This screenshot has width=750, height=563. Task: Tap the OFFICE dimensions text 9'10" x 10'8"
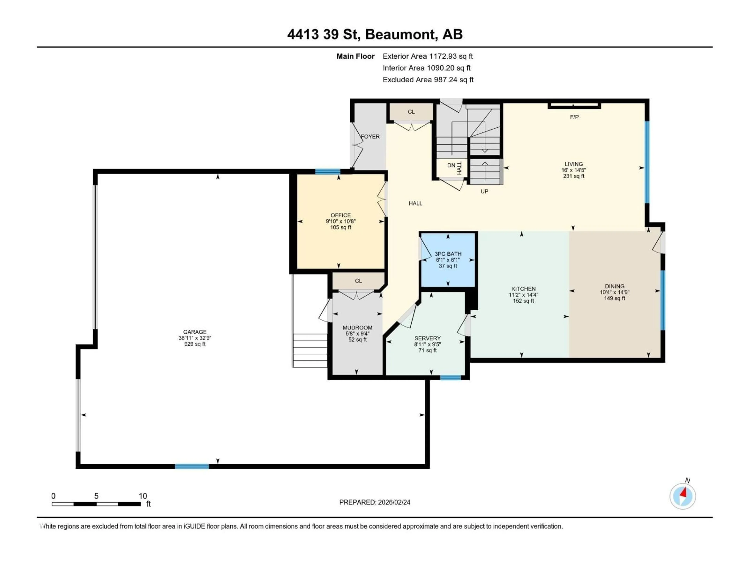(341, 221)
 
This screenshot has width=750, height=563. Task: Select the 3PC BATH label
(448, 254)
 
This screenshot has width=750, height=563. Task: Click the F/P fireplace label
(574, 117)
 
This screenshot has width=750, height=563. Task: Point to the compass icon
(683, 496)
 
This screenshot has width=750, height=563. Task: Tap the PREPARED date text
(375, 502)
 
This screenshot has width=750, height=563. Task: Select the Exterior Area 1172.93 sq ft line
(428, 56)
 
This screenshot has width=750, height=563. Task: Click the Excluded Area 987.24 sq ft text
(428, 80)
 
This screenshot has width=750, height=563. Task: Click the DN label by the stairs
(451, 165)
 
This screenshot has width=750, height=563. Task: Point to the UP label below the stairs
(484, 191)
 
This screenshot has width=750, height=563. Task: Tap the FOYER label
(370, 136)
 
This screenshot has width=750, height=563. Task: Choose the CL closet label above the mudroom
(358, 281)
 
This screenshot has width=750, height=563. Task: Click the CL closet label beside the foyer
(411, 112)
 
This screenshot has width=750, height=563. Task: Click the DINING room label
(614, 286)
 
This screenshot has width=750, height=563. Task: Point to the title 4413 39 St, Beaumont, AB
(375, 34)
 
